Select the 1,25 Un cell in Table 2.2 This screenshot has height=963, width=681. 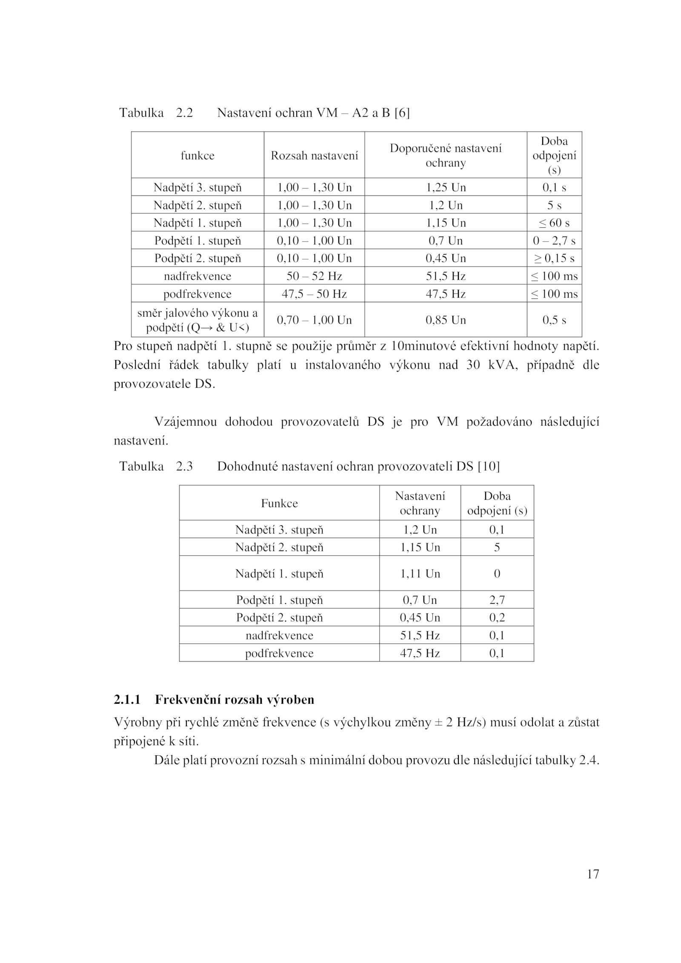pyautogui.click(x=446, y=187)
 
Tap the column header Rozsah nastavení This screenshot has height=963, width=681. pyautogui.click(x=314, y=155)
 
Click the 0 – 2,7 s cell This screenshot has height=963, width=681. pyautogui.click(x=554, y=241)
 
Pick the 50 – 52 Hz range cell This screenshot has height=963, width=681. pyautogui.click(x=314, y=276)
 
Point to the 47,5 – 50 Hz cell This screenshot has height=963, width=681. pyautogui.click(x=314, y=294)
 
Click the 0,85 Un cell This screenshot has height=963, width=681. pyautogui.click(x=446, y=320)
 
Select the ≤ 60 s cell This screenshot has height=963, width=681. pyautogui.click(x=554, y=223)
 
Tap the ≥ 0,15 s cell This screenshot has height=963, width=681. pyautogui.click(x=554, y=258)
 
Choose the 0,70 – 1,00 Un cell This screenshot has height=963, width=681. pyautogui.click(x=314, y=320)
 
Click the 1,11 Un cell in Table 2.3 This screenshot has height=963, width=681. pyautogui.click(x=420, y=573)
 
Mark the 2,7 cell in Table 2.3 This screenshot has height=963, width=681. pyautogui.click(x=497, y=600)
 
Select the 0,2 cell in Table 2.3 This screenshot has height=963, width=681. pyautogui.click(x=497, y=618)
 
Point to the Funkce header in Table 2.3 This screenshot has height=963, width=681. pyautogui.click(x=279, y=503)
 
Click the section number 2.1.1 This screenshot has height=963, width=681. pyautogui.click(x=127, y=700)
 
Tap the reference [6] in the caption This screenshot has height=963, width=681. pyautogui.click(x=402, y=113)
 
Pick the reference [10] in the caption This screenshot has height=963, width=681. pyautogui.click(x=489, y=467)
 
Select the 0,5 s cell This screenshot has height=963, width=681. pyautogui.click(x=554, y=320)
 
